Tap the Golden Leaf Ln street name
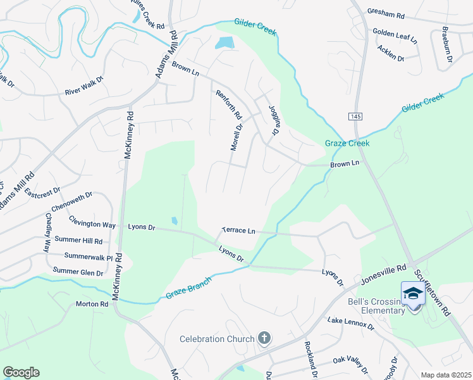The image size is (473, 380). tap(395, 35)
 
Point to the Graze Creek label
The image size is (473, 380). tap(347, 143)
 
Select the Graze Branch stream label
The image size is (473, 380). tap(186, 289)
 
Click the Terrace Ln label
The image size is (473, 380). tap(238, 231)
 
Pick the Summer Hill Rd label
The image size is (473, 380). tap(79, 241)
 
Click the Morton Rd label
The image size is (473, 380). tap(92, 304)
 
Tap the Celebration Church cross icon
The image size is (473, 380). tap(264, 339)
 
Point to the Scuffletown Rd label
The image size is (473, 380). tap(431, 293)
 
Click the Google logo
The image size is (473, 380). tap(21, 372)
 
